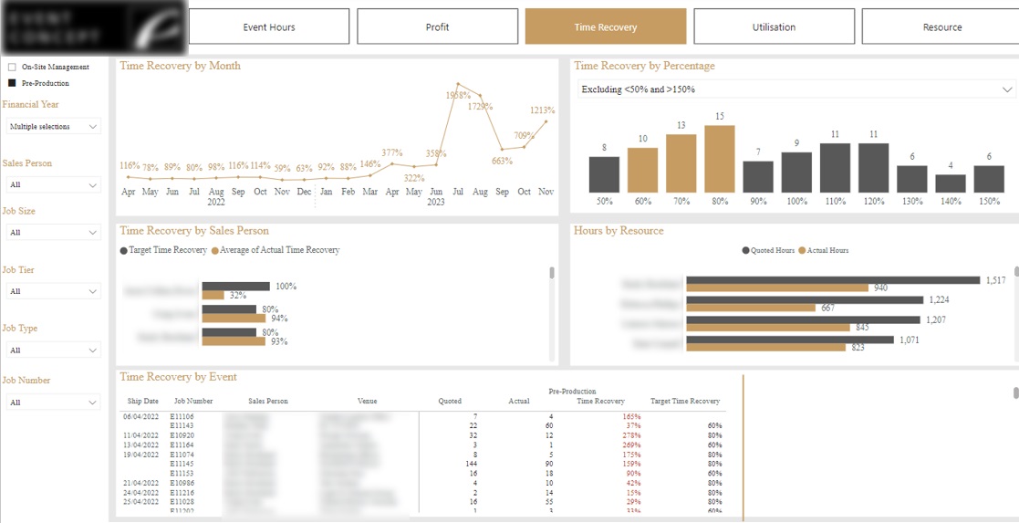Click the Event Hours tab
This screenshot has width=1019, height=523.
point(269,26)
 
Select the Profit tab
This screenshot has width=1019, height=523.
point(437,26)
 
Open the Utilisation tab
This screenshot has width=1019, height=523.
point(774,26)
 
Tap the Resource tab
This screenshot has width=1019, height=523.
point(941,26)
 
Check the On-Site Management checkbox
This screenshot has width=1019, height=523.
point(12,67)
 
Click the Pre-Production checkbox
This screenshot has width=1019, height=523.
point(12,83)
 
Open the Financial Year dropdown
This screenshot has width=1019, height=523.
point(52,127)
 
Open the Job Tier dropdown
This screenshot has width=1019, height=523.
point(52,291)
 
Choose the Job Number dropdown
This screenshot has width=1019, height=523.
point(52,403)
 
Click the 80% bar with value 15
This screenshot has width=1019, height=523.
point(720,159)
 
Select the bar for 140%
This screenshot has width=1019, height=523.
point(950,183)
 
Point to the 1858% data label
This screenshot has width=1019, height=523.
point(458,95)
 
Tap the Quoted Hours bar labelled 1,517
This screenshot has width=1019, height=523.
point(832,280)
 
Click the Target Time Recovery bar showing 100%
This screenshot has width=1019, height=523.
point(236,287)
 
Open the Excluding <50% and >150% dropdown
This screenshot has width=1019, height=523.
point(796,89)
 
